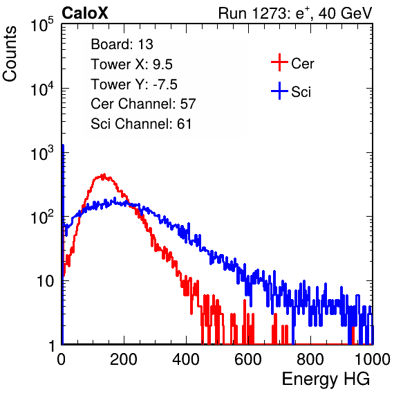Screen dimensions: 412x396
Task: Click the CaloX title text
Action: click(x=85, y=13)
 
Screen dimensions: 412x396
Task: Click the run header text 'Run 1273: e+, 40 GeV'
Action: click(x=295, y=13)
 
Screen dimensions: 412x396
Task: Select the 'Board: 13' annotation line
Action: click(x=122, y=44)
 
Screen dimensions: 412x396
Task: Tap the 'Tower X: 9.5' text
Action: click(x=131, y=64)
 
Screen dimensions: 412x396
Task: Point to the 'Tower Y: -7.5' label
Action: click(x=134, y=84)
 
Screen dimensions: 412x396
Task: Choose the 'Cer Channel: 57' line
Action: click(x=143, y=104)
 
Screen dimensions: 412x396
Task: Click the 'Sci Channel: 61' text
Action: click(x=141, y=124)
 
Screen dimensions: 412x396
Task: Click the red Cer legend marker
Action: click(x=279, y=62)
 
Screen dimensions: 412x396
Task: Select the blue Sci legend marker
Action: click(x=279, y=91)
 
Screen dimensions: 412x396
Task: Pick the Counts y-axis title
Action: click(x=10, y=54)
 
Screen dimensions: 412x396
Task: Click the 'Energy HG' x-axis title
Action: click(x=326, y=379)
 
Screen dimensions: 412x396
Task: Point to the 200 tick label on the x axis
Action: click(x=124, y=359)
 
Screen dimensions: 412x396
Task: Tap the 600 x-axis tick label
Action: click(x=248, y=359)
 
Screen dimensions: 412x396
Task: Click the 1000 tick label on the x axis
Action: click(x=373, y=359)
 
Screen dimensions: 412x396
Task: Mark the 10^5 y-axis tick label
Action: click(x=42, y=25)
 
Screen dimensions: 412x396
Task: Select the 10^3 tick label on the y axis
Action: click(x=42, y=153)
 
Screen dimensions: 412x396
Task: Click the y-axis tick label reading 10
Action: click(x=46, y=281)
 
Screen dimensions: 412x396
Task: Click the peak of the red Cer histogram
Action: click(x=104, y=174)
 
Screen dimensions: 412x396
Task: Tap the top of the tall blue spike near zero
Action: click(x=63, y=145)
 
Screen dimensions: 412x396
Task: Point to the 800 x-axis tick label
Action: click(x=310, y=359)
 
